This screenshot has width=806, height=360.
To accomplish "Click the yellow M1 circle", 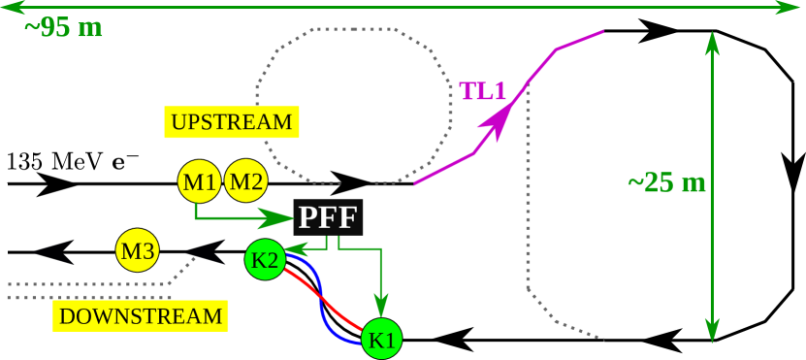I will coord(200,181).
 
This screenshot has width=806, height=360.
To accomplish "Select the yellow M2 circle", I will coord(246,181).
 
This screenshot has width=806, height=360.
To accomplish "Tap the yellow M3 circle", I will coord(137,251).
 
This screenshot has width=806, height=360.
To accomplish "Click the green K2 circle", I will coord(265,259).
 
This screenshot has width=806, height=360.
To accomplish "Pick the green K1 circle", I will coord(381,340).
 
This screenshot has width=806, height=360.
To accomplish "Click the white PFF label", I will coord(327,217).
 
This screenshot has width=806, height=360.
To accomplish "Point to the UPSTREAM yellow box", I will coord(231,122).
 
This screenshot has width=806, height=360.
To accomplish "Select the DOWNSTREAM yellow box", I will coord(141,315).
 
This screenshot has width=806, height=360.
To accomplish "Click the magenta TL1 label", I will coord(483,91).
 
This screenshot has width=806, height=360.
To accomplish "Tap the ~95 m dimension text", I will coord(63,27).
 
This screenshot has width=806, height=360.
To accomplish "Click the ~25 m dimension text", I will coord(666,182).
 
